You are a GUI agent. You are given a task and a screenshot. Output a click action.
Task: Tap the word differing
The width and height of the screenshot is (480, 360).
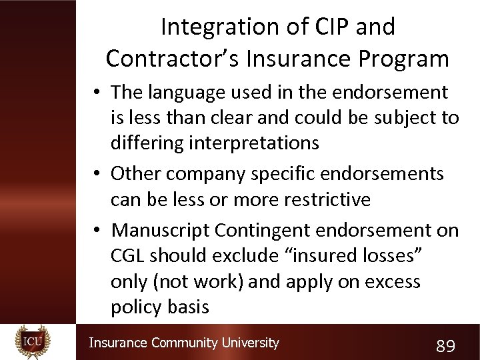144,143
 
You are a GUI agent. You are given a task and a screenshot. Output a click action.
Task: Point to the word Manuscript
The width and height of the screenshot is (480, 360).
161,230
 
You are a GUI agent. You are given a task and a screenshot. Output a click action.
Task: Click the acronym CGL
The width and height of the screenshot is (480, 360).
128,255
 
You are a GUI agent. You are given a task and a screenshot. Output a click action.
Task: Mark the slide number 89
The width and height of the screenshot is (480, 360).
445,345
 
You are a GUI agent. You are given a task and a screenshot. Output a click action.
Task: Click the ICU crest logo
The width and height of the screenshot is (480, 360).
33,342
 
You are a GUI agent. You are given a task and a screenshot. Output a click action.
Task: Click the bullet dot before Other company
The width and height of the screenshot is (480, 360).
97,175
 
